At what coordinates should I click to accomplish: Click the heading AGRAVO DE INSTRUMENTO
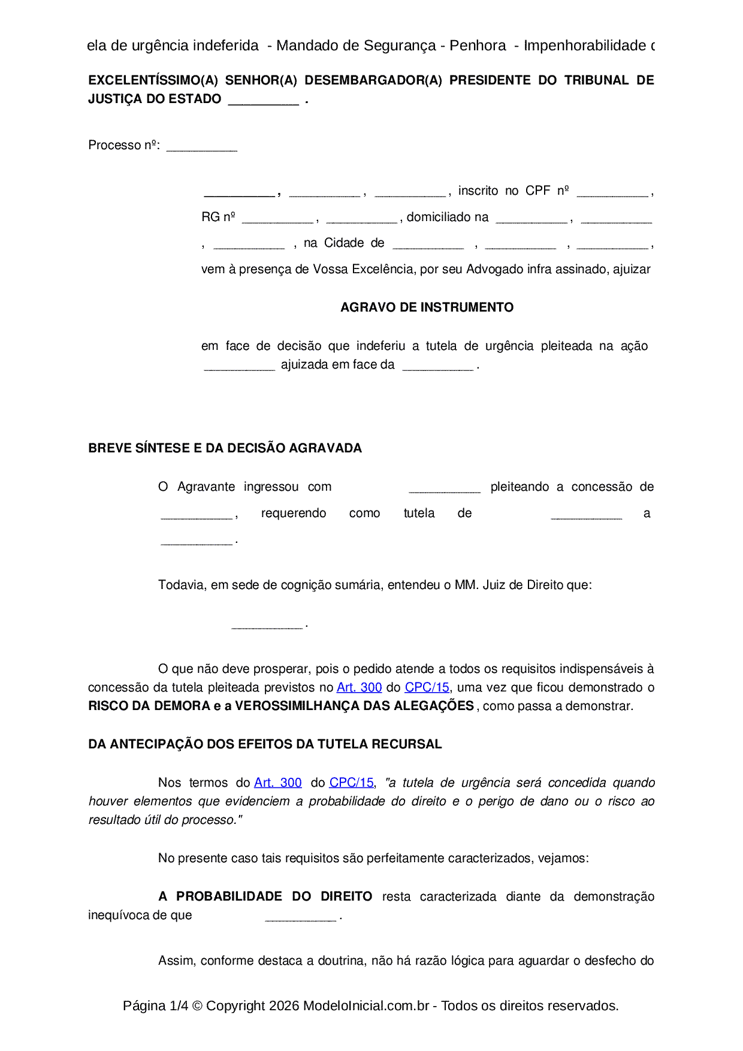click(x=427, y=307)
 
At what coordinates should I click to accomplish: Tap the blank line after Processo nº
click(x=201, y=147)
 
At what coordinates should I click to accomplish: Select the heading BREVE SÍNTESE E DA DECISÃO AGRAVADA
click(x=225, y=448)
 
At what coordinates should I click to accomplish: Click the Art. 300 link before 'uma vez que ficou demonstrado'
click(x=359, y=687)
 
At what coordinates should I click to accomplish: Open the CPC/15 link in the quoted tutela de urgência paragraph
click(x=351, y=783)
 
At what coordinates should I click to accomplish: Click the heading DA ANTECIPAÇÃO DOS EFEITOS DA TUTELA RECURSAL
click(x=265, y=744)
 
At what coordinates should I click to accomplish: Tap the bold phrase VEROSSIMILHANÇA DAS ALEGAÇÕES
click(x=354, y=706)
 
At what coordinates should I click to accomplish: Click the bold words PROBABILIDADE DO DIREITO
click(x=274, y=896)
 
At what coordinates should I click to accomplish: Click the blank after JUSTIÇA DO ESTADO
click(x=263, y=101)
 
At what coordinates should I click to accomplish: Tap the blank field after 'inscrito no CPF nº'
click(x=612, y=193)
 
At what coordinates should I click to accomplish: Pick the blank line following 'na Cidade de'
click(x=428, y=245)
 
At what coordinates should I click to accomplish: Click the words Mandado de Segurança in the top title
click(x=356, y=46)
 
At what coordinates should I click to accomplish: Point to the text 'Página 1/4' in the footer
click(x=155, y=1005)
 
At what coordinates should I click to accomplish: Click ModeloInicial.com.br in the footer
click(x=366, y=1005)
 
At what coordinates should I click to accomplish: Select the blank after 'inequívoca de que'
click(x=300, y=917)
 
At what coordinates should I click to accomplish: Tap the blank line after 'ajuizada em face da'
click(x=437, y=367)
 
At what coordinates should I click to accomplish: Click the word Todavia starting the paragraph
click(x=181, y=585)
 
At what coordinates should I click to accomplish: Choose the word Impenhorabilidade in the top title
click(x=584, y=46)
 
